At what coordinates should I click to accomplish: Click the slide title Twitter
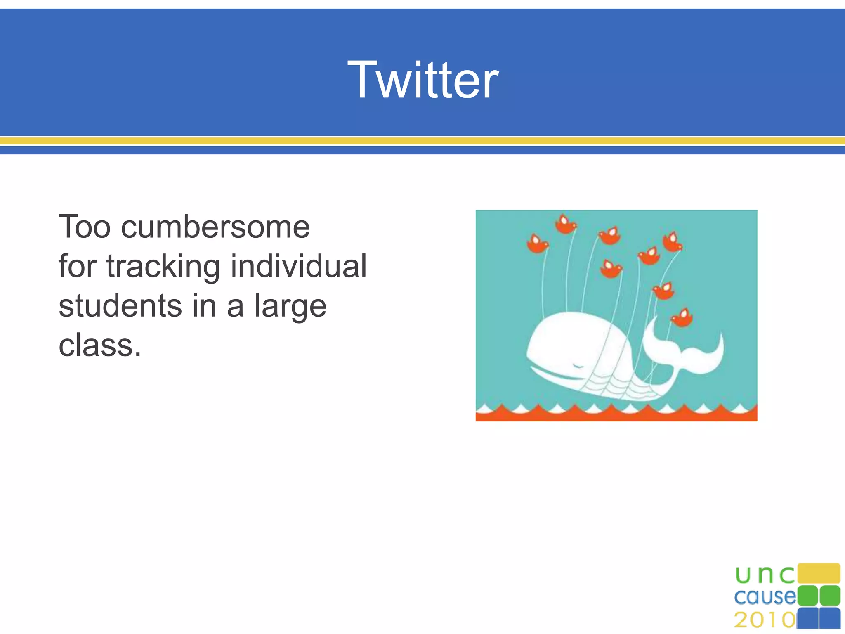(x=423, y=80)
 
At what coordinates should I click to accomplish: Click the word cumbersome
(x=215, y=227)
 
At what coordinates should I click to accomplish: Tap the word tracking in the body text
(x=163, y=266)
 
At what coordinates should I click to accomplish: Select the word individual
(x=298, y=266)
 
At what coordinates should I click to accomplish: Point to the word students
(x=120, y=306)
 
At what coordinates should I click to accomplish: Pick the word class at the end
(x=96, y=345)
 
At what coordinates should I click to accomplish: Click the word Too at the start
(x=85, y=227)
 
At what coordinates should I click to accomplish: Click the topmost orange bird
(x=565, y=224)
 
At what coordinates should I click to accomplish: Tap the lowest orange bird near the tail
(x=682, y=318)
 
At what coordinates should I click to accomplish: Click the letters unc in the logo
(x=765, y=575)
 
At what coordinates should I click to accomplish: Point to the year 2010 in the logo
(x=765, y=619)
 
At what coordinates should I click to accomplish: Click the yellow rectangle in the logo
(x=819, y=573)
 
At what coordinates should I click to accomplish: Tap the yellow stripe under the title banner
(x=422, y=141)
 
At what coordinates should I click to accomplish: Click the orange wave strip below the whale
(x=616, y=415)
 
